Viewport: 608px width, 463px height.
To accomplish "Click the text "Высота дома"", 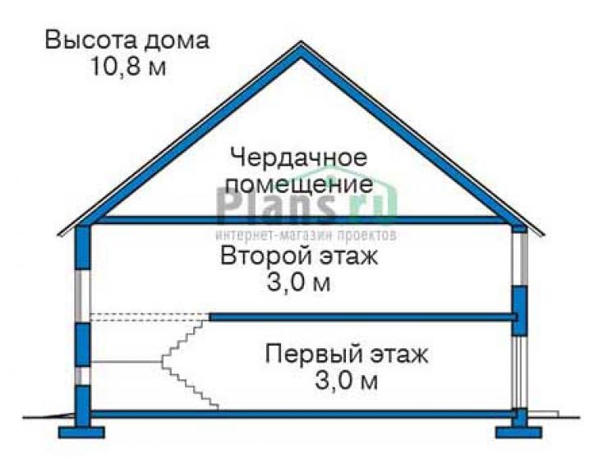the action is (127, 40).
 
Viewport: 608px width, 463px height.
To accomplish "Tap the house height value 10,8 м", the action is (128, 66).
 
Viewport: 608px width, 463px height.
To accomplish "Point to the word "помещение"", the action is (299, 185).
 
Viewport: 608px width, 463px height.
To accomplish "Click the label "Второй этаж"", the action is (299, 255).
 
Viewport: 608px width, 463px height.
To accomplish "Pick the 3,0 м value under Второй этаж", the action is (298, 282).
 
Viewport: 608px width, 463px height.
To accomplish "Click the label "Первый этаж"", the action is (347, 354).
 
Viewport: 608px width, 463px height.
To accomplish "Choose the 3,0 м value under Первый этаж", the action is (346, 380).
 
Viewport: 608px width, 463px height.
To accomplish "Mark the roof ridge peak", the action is (300, 43).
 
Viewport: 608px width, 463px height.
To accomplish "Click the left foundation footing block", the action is (82, 433).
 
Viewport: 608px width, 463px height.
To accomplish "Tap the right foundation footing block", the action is (518, 433).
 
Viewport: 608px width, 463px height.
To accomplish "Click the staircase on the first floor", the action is (189, 362).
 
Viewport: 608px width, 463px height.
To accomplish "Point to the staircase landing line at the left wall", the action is (126, 362).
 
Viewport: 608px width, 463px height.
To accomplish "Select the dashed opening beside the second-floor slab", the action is (150, 317).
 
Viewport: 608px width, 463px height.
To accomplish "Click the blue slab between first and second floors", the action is (363, 318).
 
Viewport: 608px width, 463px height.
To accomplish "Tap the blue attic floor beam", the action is (302, 220).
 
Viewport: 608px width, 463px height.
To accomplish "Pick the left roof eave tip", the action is (58, 234).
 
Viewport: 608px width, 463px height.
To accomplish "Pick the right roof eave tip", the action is (543, 234).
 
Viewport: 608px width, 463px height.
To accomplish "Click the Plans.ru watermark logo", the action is (306, 205).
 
